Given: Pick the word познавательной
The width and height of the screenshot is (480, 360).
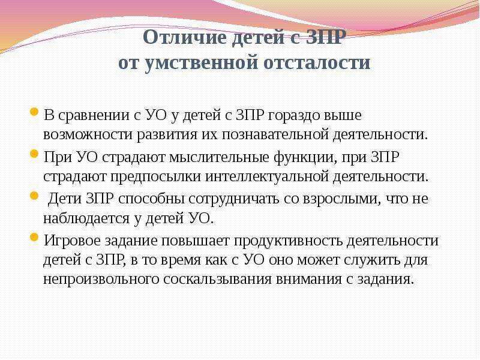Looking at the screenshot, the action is (275, 134).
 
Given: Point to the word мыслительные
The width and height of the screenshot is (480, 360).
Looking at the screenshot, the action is (219, 158).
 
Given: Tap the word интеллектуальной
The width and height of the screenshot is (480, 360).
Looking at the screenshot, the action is (266, 176).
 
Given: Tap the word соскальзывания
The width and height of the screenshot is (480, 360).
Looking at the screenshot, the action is (217, 280).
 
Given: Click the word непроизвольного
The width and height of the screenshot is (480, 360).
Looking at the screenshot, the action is (101, 280).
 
